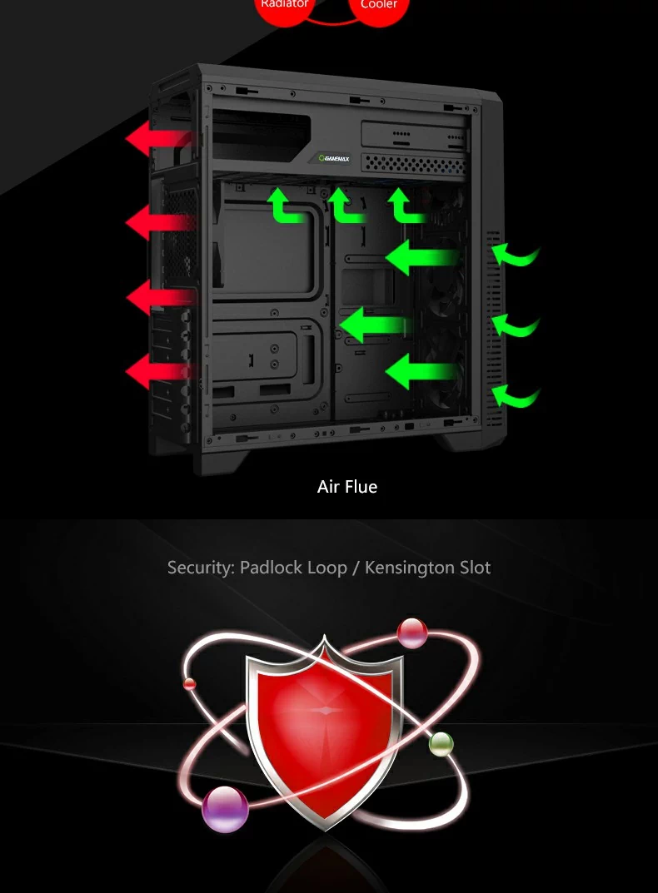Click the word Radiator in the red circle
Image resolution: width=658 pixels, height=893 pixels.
[x=285, y=4]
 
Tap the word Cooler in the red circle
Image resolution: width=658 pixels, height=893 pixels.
[x=379, y=5]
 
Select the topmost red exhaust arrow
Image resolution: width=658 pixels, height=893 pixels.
[x=158, y=138]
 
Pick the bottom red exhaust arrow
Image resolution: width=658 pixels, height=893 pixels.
[x=158, y=370]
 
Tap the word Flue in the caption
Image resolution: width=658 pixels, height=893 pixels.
[x=361, y=487]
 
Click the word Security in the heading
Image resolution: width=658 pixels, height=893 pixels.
[x=201, y=568]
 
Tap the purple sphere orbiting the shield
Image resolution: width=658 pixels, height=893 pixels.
[x=225, y=808]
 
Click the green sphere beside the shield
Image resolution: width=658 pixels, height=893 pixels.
[x=441, y=743]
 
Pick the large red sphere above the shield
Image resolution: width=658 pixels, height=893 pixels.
[x=412, y=633]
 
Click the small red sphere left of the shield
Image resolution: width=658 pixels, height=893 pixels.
[x=190, y=684]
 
